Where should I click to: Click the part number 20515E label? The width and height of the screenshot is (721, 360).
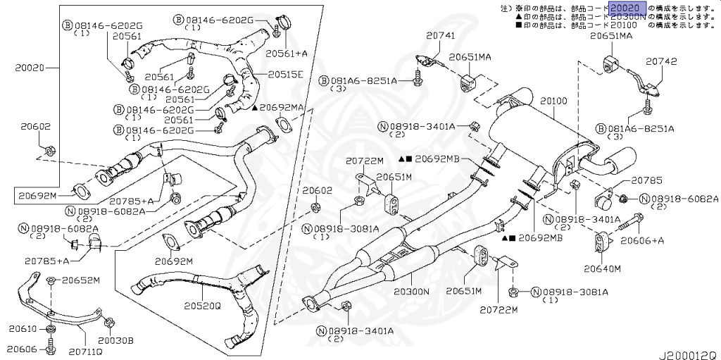(x=285, y=74)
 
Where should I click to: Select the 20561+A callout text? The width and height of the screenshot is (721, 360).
(x=287, y=52)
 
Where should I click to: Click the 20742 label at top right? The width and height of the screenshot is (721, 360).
(x=661, y=61)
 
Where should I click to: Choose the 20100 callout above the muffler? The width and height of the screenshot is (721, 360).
(x=553, y=101)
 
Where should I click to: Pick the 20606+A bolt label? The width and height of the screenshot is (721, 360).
(x=641, y=240)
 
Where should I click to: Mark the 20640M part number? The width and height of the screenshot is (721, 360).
(x=602, y=268)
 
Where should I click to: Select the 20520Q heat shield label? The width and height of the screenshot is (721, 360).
(x=203, y=306)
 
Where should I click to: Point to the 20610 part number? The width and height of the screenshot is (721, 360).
(x=23, y=329)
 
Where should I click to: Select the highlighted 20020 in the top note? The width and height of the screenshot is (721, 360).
(x=625, y=8)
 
